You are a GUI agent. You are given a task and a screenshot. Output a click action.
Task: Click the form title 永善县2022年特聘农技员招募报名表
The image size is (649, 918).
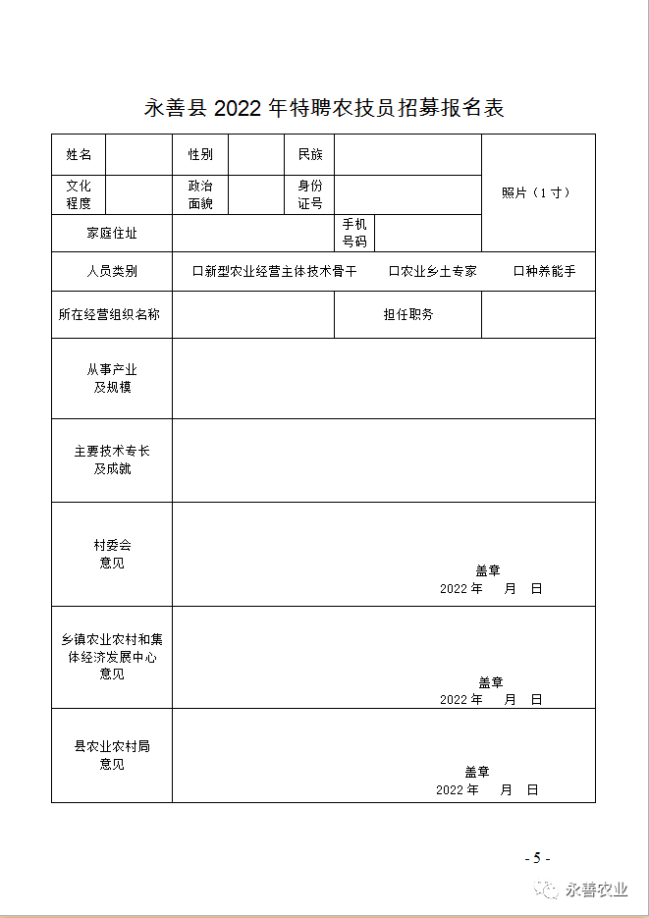[x=324, y=108]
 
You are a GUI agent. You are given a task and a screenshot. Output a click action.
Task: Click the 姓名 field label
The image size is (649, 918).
[x=79, y=155]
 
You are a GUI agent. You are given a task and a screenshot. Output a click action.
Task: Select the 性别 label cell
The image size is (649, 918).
[x=200, y=155]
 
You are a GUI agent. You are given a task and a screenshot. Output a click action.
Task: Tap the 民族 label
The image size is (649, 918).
[x=309, y=155]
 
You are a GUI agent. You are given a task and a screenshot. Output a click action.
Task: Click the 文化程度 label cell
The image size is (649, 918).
[x=79, y=194]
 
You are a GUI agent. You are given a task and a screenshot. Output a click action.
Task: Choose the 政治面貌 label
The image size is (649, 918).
[x=200, y=194]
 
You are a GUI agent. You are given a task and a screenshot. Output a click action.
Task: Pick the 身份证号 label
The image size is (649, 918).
[x=309, y=194]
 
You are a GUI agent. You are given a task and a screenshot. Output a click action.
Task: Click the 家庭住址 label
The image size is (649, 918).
[x=112, y=233]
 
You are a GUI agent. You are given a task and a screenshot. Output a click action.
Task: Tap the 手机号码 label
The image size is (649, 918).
[x=353, y=233]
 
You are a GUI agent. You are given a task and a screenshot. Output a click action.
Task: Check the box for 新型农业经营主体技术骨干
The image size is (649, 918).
[x=197, y=271]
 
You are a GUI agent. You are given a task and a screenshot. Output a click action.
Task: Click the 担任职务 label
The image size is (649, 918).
[x=407, y=315]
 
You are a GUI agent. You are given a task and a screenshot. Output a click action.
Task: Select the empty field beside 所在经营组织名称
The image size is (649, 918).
[x=253, y=315]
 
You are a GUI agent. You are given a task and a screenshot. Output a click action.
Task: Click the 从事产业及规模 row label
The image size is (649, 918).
[x=112, y=379]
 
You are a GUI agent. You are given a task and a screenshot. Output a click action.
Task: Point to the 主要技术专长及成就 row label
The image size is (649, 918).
[x=112, y=460]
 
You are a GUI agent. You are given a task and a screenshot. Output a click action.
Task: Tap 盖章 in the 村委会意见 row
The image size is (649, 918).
[x=488, y=570]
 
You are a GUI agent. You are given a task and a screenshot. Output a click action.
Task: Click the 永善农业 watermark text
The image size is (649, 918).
[x=597, y=890]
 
